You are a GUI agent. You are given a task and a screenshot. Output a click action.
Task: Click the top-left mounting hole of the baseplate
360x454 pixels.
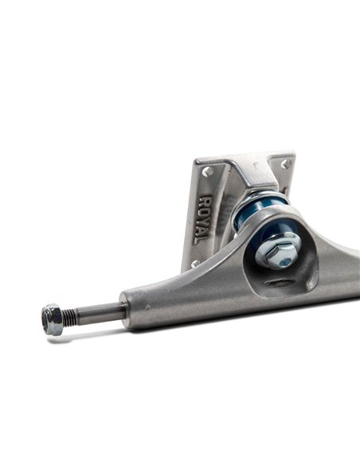[x=209, y=170]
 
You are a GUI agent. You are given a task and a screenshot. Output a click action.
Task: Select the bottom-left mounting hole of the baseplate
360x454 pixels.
[x=194, y=263]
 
